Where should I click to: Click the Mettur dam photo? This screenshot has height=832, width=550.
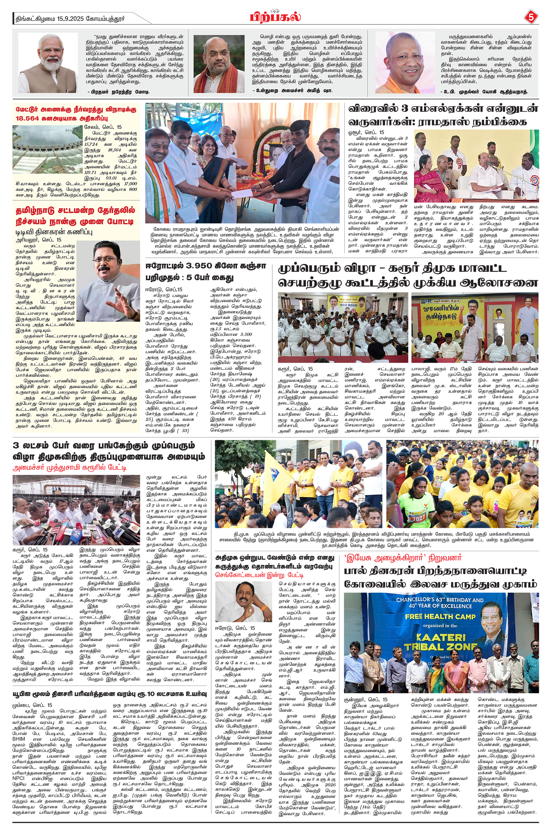point(47,149)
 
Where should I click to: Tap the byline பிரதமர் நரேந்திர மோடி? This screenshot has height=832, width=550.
point(119,92)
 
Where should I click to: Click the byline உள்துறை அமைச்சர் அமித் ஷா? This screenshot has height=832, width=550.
point(292,91)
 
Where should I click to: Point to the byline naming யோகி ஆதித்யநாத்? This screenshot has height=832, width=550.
point(484,92)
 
